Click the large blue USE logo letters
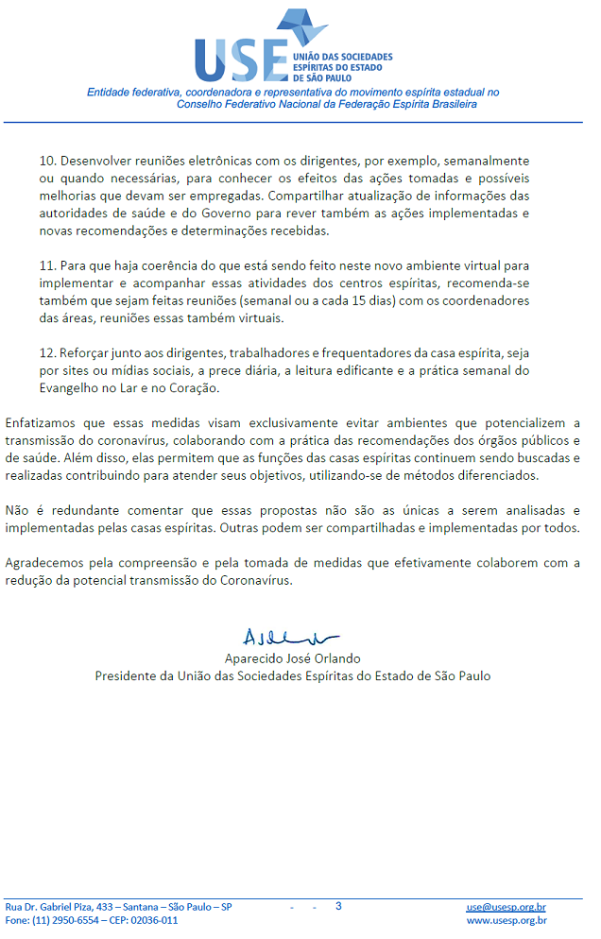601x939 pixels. pyautogui.click(x=241, y=60)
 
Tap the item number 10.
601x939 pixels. pyautogui.click(x=47, y=162)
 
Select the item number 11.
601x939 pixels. pyautogui.click(x=47, y=265)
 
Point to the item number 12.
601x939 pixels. pyautogui.click(x=47, y=353)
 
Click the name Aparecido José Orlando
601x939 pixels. pyautogui.click(x=293, y=657)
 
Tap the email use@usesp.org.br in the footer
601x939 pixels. pyautogui.click(x=506, y=907)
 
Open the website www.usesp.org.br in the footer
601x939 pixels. pyautogui.click(x=507, y=920)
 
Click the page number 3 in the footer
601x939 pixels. pyautogui.click(x=338, y=906)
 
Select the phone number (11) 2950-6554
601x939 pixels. pyautogui.click(x=67, y=920)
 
